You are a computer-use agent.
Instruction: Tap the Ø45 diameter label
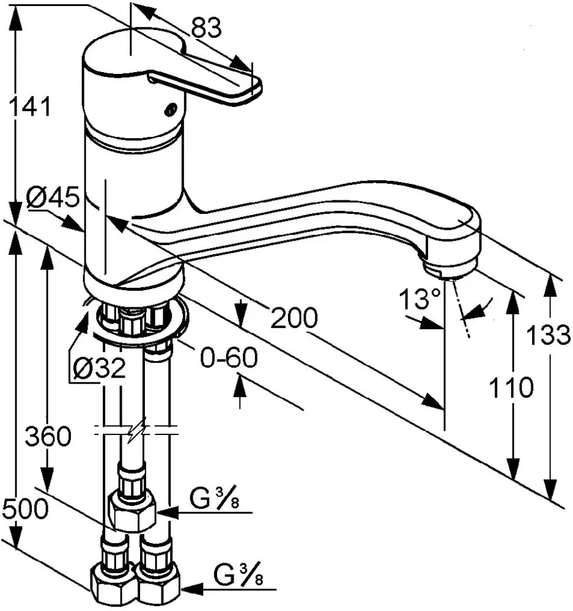[53, 199]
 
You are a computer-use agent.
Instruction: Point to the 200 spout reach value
[294, 318]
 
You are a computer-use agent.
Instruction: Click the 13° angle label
[420, 300]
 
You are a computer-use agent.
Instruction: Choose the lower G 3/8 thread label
[239, 576]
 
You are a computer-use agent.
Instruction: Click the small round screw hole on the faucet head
[169, 109]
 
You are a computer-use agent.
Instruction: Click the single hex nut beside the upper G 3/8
[131, 510]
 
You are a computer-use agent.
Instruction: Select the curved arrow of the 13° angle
[480, 307]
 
